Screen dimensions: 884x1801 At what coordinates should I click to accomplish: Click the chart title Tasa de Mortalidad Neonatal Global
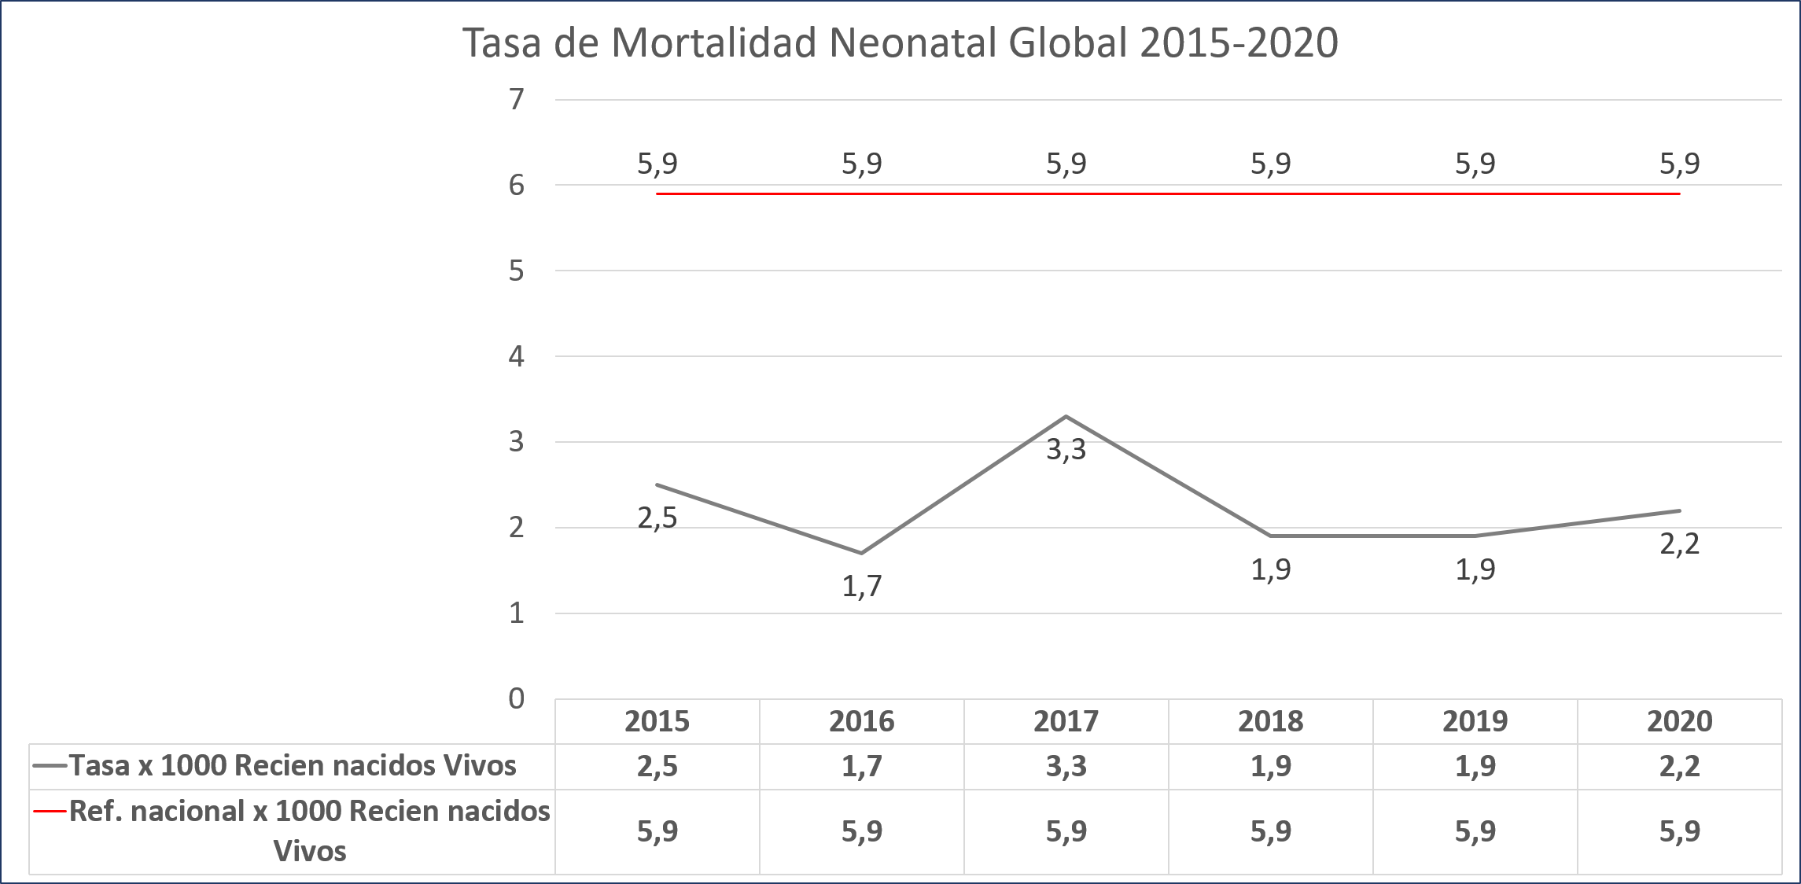pyautogui.click(x=900, y=42)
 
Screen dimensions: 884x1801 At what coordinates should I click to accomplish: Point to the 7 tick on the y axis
pyautogui.click(x=516, y=99)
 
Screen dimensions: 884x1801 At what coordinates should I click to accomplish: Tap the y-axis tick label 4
pyautogui.click(x=516, y=356)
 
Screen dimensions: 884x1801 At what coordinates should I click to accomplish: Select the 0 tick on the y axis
pyautogui.click(x=516, y=698)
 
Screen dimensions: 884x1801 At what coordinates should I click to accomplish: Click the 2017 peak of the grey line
pyautogui.click(x=1066, y=416)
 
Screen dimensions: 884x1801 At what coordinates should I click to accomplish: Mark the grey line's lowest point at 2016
pyautogui.click(x=862, y=553)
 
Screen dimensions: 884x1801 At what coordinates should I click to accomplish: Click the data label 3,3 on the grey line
pyautogui.click(x=1066, y=450)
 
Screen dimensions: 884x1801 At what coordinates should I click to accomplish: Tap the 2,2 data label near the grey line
pyautogui.click(x=1679, y=544)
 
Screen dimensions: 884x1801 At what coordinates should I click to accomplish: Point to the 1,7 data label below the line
pyautogui.click(x=862, y=586)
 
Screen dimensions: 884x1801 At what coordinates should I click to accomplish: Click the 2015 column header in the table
pyautogui.click(x=657, y=721)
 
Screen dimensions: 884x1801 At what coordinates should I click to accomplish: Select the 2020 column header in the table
pyautogui.click(x=1679, y=721)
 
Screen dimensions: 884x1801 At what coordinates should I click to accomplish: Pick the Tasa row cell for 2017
pyautogui.click(x=1066, y=766)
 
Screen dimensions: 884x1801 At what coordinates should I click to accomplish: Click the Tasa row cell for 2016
pyautogui.click(x=862, y=766)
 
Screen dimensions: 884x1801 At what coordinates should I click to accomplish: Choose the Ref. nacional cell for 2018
pyautogui.click(x=1270, y=831)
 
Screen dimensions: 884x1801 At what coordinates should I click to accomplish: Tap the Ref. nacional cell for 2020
pyautogui.click(x=1679, y=831)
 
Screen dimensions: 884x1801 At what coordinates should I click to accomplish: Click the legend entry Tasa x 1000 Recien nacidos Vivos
pyautogui.click(x=292, y=766)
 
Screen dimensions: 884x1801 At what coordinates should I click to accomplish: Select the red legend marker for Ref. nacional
pyautogui.click(x=50, y=811)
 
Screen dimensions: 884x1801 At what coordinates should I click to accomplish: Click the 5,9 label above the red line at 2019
pyautogui.click(x=1475, y=164)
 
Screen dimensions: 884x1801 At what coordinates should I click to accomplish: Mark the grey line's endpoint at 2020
pyautogui.click(x=1679, y=510)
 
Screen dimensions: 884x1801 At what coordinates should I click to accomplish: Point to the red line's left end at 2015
pyautogui.click(x=657, y=193)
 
